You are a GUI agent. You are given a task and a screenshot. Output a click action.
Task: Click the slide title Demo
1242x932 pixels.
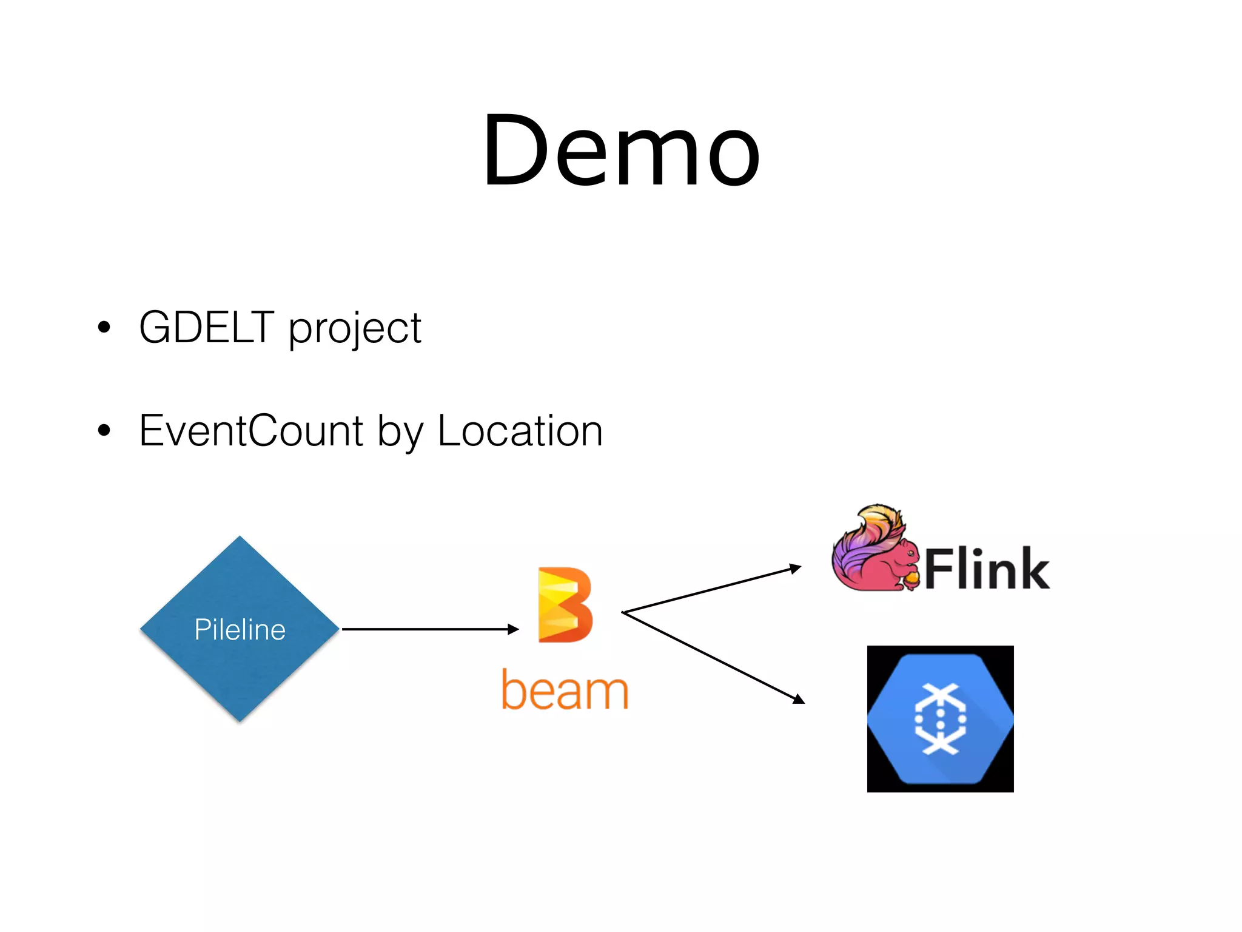(621, 150)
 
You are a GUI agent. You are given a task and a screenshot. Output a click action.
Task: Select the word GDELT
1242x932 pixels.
(206, 328)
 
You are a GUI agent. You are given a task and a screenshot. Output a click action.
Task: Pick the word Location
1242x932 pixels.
(520, 431)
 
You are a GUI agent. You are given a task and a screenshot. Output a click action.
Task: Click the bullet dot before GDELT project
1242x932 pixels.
(104, 328)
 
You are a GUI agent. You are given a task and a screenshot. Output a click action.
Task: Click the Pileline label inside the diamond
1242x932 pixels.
(240, 629)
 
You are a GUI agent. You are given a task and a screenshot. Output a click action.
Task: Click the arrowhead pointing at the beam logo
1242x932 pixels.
(514, 629)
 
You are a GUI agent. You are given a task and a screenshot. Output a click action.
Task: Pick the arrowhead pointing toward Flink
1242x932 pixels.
(796, 569)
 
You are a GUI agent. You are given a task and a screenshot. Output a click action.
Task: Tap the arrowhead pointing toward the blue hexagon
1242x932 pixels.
(799, 700)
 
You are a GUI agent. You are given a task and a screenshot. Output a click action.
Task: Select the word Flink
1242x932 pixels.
(987, 569)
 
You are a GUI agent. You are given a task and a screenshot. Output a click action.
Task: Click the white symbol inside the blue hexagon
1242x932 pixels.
(940, 719)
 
